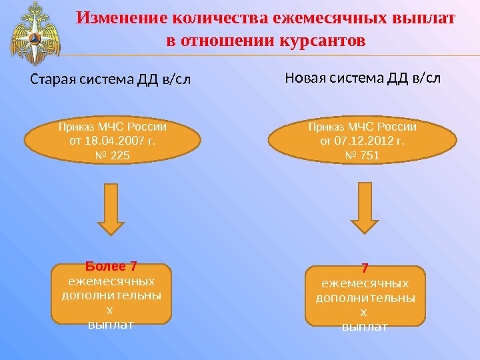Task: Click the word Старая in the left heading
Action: click(x=54, y=81)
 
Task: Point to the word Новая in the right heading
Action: click(x=305, y=78)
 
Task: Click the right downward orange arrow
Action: click(x=364, y=208)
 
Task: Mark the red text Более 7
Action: click(x=112, y=269)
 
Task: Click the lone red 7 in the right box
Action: click(x=364, y=270)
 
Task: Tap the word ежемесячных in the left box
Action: click(x=112, y=281)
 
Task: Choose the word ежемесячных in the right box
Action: click(x=364, y=283)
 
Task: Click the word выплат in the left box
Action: click(x=112, y=325)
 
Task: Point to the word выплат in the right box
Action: click(x=364, y=326)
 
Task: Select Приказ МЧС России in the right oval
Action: click(x=363, y=127)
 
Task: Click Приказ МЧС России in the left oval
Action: click(x=112, y=127)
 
